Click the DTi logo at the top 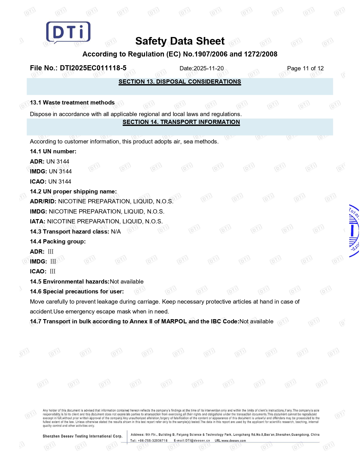(x=68, y=32)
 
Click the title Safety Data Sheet (x=180, y=41)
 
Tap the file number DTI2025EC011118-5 (x=93, y=68)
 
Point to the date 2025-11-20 (x=208, y=68)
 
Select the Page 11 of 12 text (x=305, y=68)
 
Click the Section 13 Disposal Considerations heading (x=180, y=82)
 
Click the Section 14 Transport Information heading (x=181, y=122)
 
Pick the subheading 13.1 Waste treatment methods (x=72, y=103)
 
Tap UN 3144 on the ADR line (x=58, y=162)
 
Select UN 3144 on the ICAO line (x=60, y=182)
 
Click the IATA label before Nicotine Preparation (x=38, y=221)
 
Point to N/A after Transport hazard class (x=116, y=232)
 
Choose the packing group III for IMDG (x=53, y=262)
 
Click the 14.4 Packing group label (x=58, y=241)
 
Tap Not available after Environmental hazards (x=126, y=282)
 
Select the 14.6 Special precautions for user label (x=77, y=291)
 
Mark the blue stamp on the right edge (x=354, y=231)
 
